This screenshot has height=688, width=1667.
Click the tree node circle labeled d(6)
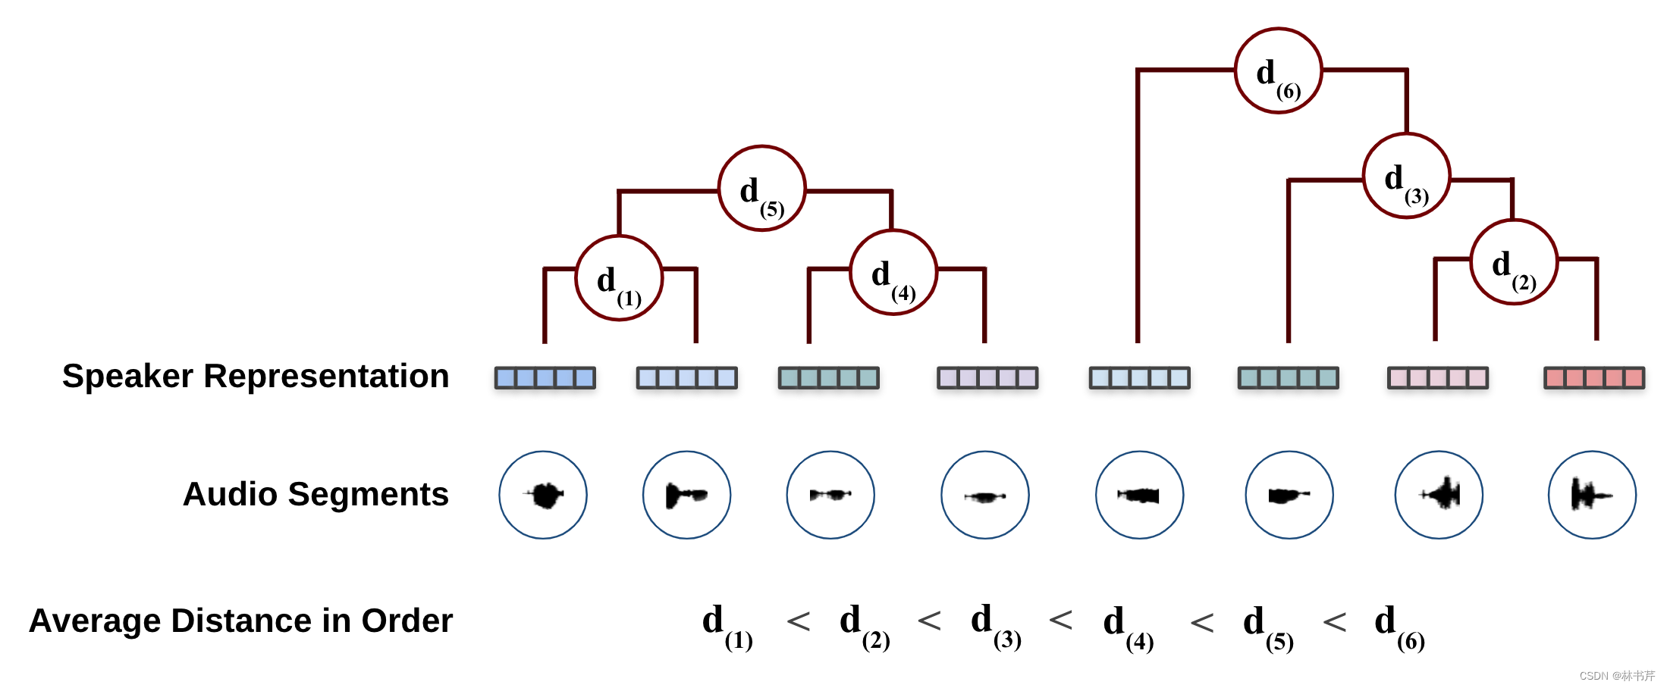pyautogui.click(x=1278, y=71)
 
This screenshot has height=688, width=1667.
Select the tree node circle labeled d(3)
pyautogui.click(x=1406, y=176)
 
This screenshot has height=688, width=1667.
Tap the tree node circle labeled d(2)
pyautogui.click(x=1514, y=262)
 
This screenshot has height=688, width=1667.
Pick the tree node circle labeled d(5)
pyautogui.click(x=761, y=189)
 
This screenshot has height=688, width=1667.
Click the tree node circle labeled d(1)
pyautogui.click(x=619, y=278)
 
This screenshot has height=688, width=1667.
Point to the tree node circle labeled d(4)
pyautogui.click(x=893, y=273)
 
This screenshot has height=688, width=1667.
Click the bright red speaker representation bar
pyautogui.click(x=1594, y=377)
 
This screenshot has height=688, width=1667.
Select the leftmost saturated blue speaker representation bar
pyautogui.click(x=545, y=377)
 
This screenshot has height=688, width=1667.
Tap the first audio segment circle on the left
pyautogui.click(x=543, y=496)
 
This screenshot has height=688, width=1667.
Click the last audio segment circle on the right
pyautogui.click(x=1592, y=496)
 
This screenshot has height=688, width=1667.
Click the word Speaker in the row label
pyautogui.click(x=127, y=377)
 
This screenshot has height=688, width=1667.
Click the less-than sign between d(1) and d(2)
pyautogui.click(x=799, y=621)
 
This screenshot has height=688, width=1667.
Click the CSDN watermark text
pyautogui.click(x=1616, y=676)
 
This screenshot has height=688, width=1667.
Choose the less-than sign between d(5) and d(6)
pyautogui.click(x=1334, y=623)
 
